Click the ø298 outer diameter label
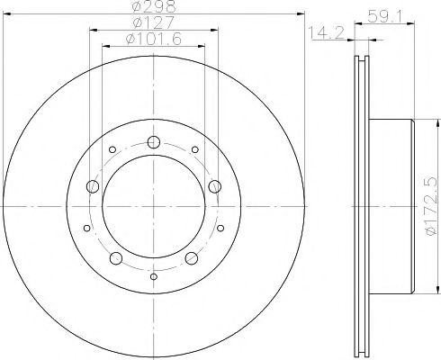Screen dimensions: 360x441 [152, 7]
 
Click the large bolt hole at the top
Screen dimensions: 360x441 [153, 140]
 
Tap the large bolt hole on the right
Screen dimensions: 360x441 [214, 185]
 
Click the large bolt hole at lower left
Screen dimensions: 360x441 [115, 259]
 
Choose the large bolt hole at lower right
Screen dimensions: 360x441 [191, 259]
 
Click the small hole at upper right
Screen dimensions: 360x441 [194, 150]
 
